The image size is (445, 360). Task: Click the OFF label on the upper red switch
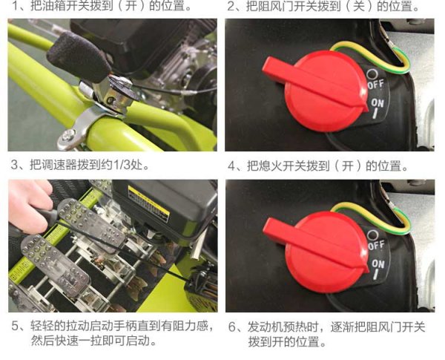pos(376,85)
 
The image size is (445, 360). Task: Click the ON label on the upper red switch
pos(378,103)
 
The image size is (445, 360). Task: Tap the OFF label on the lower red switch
pos(376,245)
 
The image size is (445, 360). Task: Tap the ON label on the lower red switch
pos(378,264)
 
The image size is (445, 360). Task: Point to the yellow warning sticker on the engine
pos(148,203)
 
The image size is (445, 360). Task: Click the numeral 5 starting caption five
pos(15,326)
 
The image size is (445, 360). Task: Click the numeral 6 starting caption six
pos(232,327)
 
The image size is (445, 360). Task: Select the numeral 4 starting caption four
pos(231,166)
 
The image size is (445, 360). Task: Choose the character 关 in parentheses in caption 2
pos(359,6)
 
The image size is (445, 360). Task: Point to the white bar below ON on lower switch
pos(376,275)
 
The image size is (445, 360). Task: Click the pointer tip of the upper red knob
pos(367,107)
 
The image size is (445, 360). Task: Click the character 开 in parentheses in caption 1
pos(131,6)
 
